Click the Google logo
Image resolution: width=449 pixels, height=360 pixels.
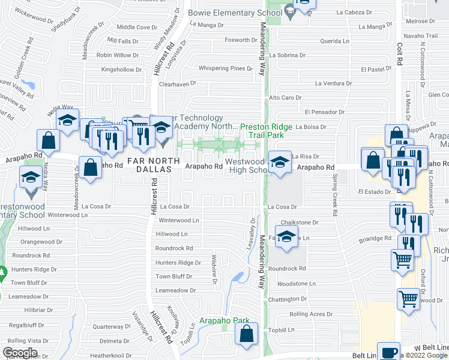pyautogui.click(x=20, y=353)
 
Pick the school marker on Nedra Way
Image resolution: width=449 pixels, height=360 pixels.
pyautogui.click(x=68, y=121)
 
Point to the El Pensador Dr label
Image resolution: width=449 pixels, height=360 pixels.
pyautogui.click(x=324, y=112)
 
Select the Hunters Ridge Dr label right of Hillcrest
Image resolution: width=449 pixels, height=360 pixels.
pyautogui.click(x=178, y=263)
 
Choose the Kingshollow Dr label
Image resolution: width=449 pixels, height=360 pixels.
pyautogui.click(x=121, y=70)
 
